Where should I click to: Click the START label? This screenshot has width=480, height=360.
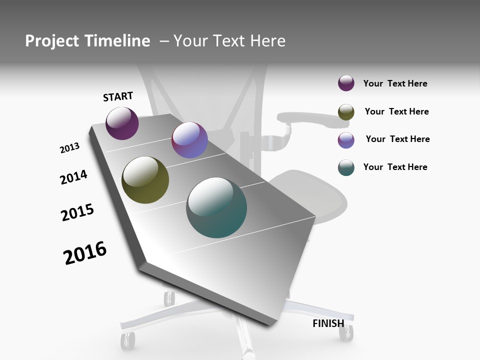[x=118, y=96]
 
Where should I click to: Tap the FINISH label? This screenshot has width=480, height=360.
[x=328, y=323]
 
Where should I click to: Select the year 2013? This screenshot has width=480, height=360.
[x=69, y=148]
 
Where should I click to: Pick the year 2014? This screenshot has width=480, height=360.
[x=73, y=177]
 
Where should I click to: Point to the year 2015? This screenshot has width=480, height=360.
[x=77, y=212]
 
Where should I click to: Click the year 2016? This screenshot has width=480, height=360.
[x=85, y=253]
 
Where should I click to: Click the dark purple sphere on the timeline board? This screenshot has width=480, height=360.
[x=122, y=123]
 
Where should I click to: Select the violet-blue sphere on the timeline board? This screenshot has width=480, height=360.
[x=189, y=140]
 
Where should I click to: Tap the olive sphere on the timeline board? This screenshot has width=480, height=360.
[x=145, y=180]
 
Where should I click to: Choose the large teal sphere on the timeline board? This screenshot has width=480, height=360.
[x=216, y=207]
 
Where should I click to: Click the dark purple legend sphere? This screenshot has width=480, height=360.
[x=346, y=83]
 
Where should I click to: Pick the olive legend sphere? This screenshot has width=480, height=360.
[x=346, y=112]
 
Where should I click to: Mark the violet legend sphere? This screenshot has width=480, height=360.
[x=346, y=140]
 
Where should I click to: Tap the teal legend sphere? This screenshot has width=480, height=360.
[x=346, y=167]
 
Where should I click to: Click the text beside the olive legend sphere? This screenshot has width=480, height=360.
[x=396, y=111]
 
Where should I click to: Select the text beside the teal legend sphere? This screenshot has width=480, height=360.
[x=395, y=167]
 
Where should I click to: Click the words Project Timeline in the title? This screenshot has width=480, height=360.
[x=87, y=41]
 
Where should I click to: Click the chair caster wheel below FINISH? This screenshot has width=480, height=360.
[x=345, y=333]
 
